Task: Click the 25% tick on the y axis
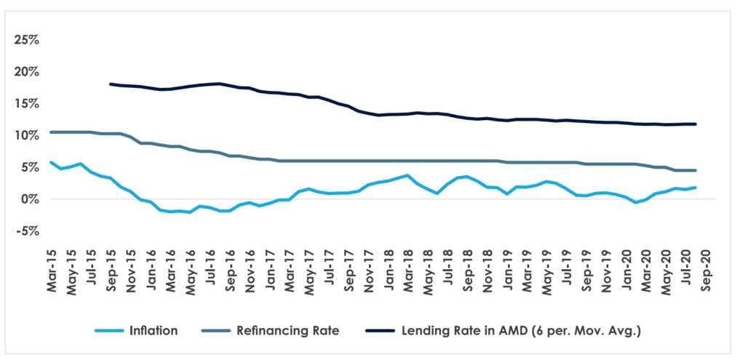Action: coord(26,39)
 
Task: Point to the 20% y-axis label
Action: coord(26,71)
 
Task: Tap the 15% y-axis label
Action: coord(26,103)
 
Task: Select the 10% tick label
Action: coord(26,135)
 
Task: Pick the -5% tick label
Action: coord(28,231)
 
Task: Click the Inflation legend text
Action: coord(154,331)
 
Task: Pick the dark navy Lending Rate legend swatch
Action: coord(377,331)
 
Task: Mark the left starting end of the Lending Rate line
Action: coord(110,84)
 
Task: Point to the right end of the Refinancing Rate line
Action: coord(696,170)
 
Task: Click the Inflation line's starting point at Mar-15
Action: coord(50,162)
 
